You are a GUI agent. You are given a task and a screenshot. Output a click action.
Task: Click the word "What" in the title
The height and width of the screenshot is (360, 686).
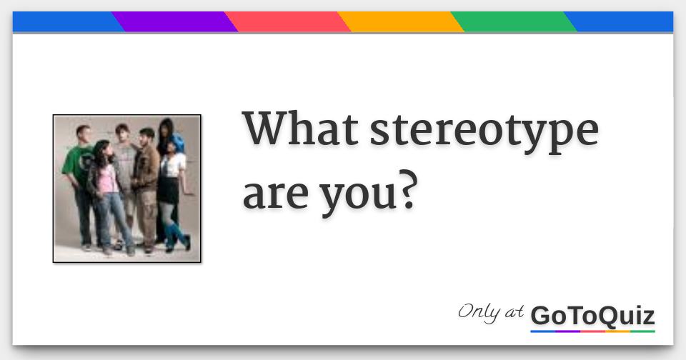299,131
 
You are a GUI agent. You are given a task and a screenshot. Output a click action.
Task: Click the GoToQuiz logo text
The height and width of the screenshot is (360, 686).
592,315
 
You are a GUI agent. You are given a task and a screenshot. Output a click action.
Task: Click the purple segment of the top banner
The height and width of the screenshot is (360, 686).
174,22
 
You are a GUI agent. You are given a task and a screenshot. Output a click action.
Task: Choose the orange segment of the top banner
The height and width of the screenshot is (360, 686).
400,22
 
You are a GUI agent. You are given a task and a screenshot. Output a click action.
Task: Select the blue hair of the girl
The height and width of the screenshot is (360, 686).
177,142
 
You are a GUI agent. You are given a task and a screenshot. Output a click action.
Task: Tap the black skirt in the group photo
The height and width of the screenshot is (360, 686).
168,189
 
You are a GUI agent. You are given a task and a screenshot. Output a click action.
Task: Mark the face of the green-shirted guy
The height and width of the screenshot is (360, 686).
84,134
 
